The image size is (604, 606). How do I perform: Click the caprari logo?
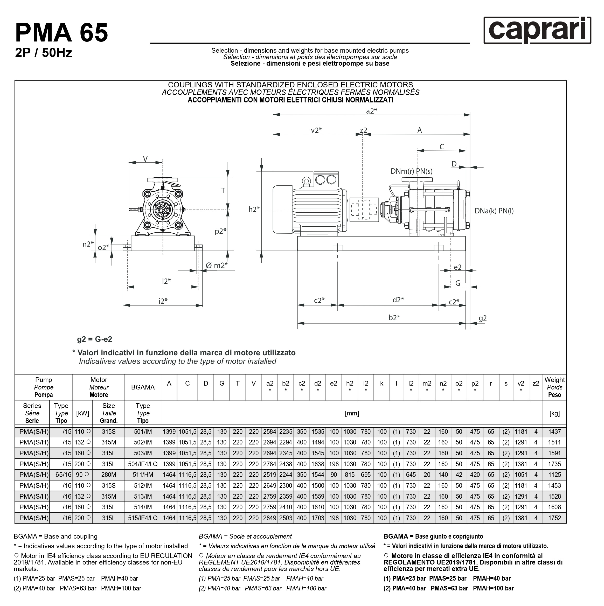point(537,30)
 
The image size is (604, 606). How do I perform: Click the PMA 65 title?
point(61,33)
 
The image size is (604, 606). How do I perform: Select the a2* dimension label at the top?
point(371,111)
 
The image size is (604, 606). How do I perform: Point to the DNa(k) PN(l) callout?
point(494,211)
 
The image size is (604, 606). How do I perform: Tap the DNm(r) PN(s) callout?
point(411,171)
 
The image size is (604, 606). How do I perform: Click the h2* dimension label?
point(254,209)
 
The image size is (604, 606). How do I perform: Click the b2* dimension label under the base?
point(394,318)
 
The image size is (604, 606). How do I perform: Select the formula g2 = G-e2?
point(94,339)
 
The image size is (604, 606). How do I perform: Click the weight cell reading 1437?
point(554,431)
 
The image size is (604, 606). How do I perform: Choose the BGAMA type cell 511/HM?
point(142,475)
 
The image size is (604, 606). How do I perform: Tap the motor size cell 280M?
point(109,475)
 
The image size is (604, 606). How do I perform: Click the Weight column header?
point(554,387)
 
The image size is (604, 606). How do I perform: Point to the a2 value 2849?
point(269,518)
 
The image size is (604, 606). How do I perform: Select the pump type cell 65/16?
point(63,475)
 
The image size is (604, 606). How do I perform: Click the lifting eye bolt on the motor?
point(306,181)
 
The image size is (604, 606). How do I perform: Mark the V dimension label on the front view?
point(145,159)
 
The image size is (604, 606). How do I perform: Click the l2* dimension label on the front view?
point(166,281)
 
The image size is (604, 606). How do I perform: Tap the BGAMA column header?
point(142,387)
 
